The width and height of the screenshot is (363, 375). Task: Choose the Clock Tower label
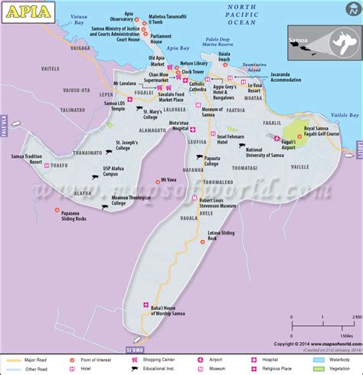click(203, 71)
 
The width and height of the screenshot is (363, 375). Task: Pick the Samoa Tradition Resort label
click(29, 160)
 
